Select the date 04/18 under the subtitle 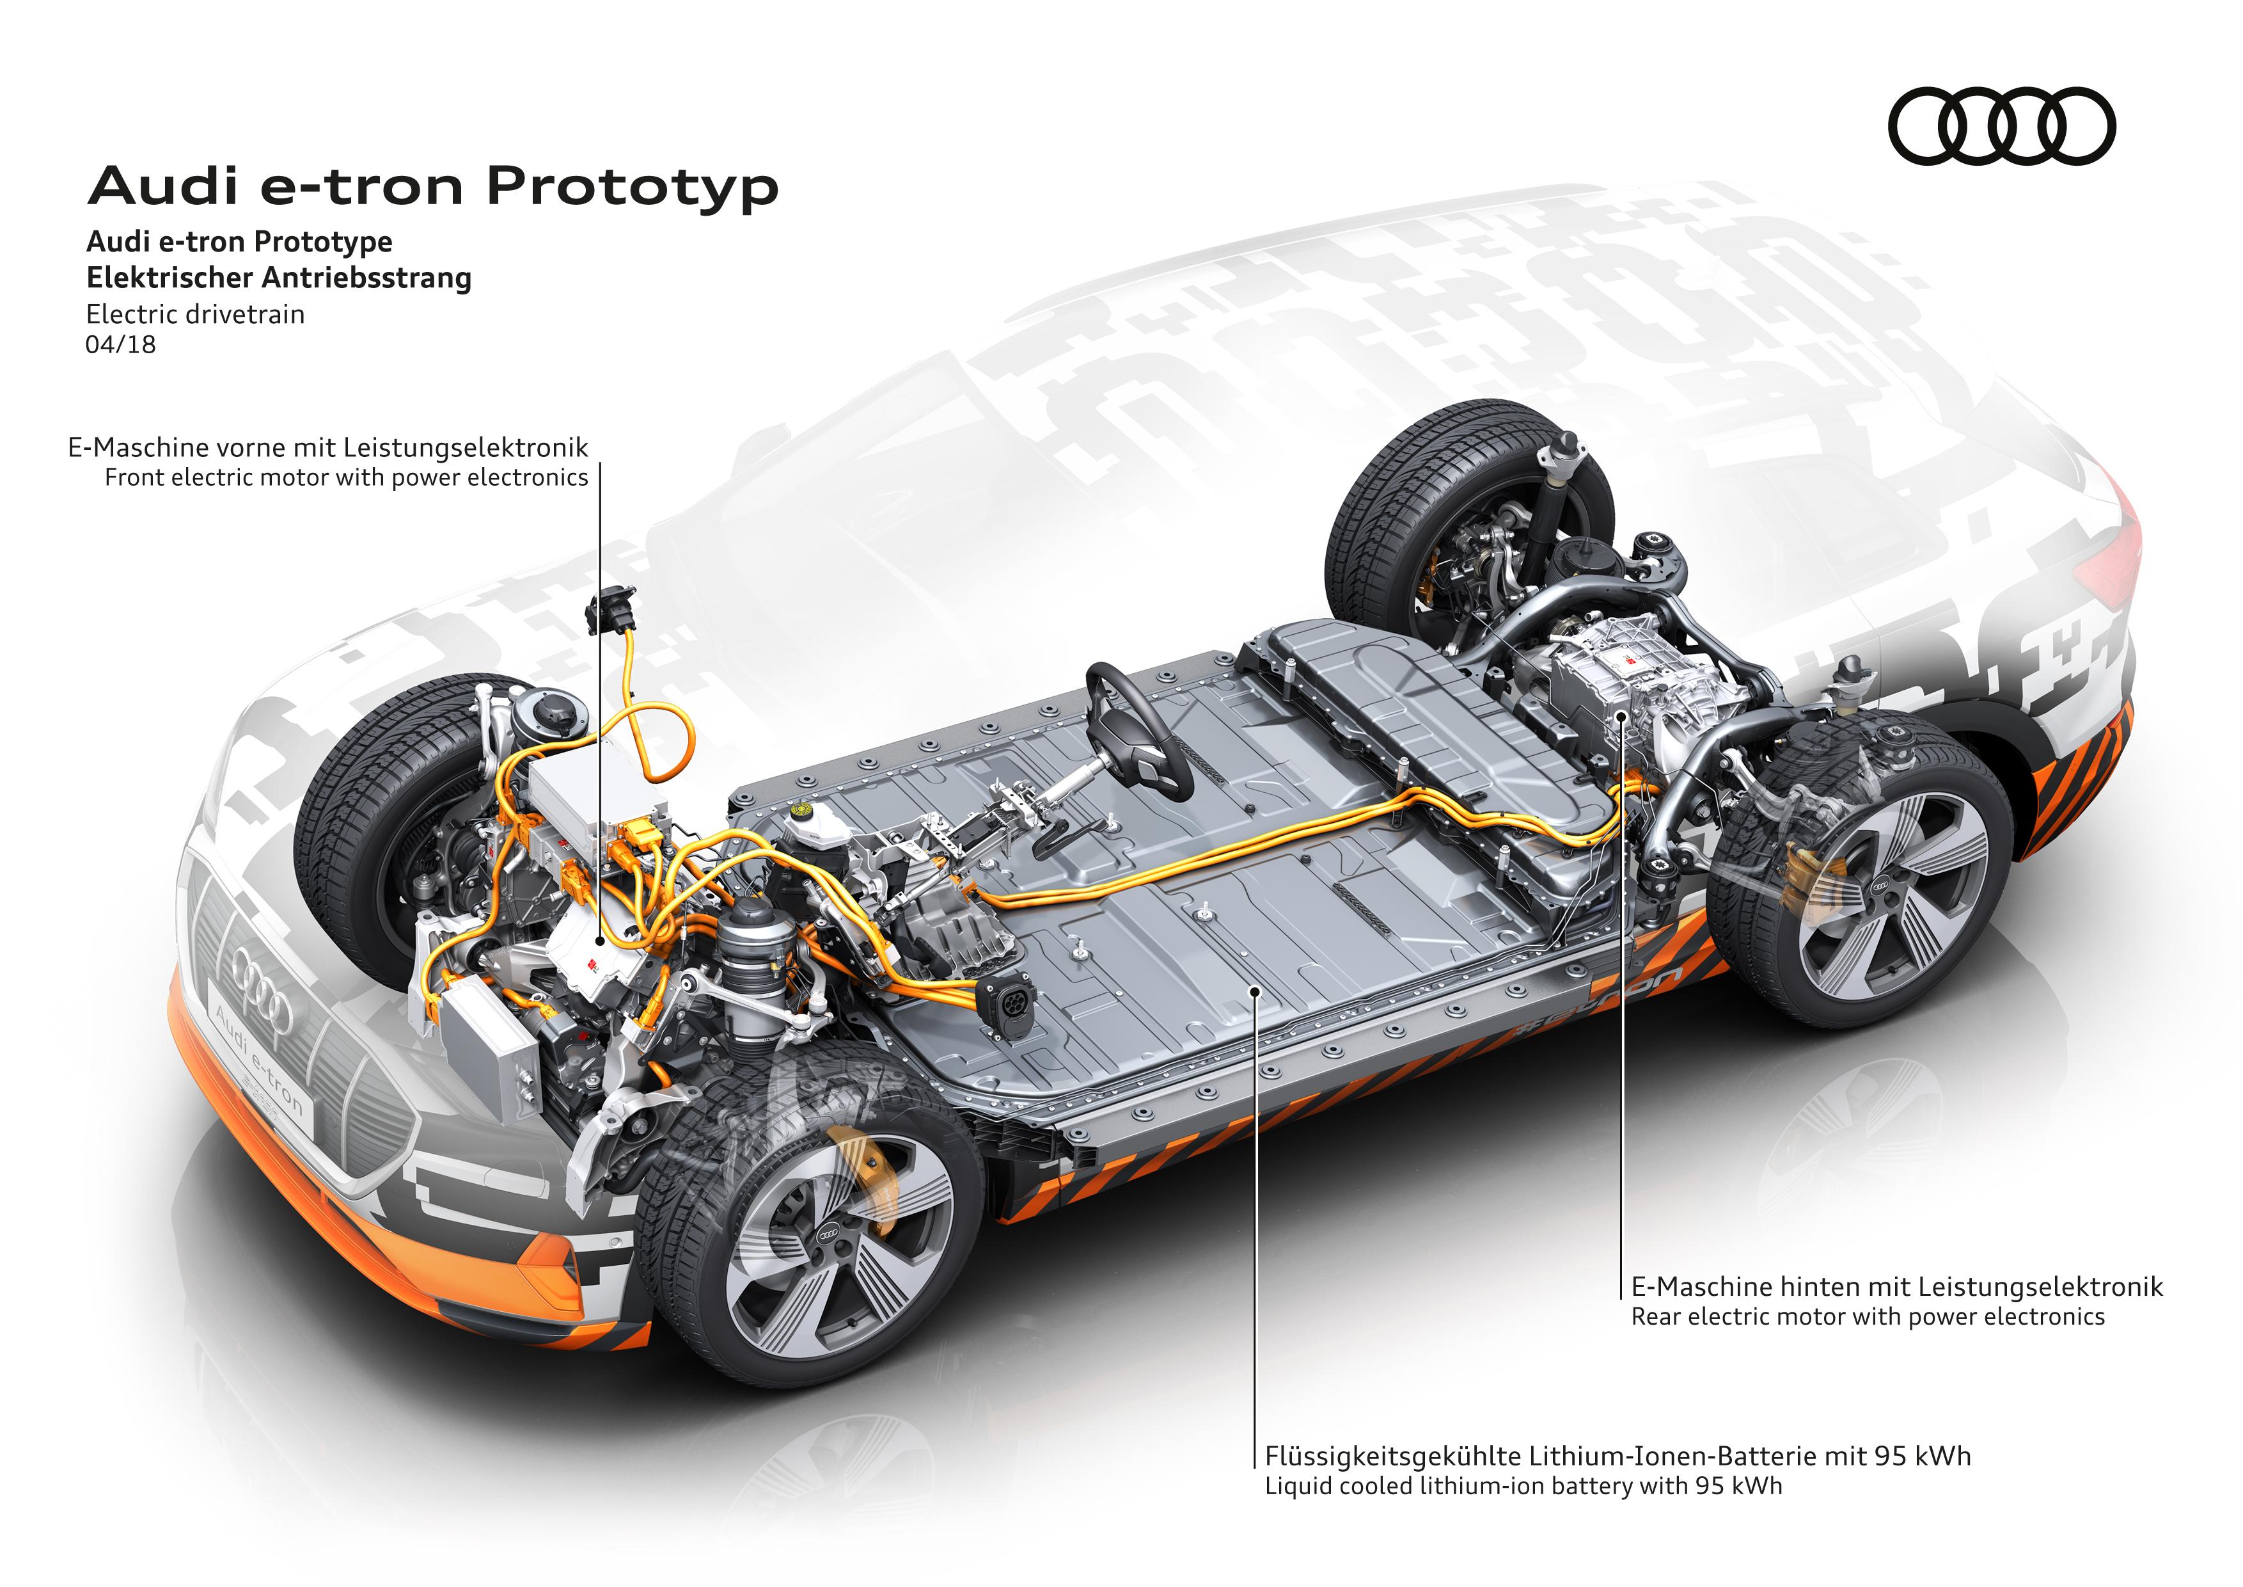[x=120, y=344]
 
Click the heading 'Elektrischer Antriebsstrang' [x=278, y=278]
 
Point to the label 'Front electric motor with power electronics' [x=346, y=477]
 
